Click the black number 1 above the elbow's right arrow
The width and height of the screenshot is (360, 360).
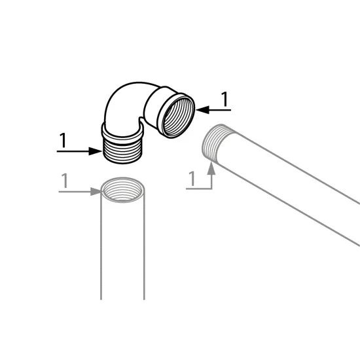[225, 99]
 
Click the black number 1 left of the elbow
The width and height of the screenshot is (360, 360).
[63, 140]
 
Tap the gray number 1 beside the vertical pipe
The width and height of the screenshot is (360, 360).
[65, 181]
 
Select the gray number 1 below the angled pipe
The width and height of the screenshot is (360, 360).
[192, 179]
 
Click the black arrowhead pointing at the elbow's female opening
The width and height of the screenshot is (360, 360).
[203, 110]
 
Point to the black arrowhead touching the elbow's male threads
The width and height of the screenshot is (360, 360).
[96, 151]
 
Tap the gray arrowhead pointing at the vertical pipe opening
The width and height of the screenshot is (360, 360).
[96, 192]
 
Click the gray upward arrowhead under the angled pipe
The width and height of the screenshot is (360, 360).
[211, 168]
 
